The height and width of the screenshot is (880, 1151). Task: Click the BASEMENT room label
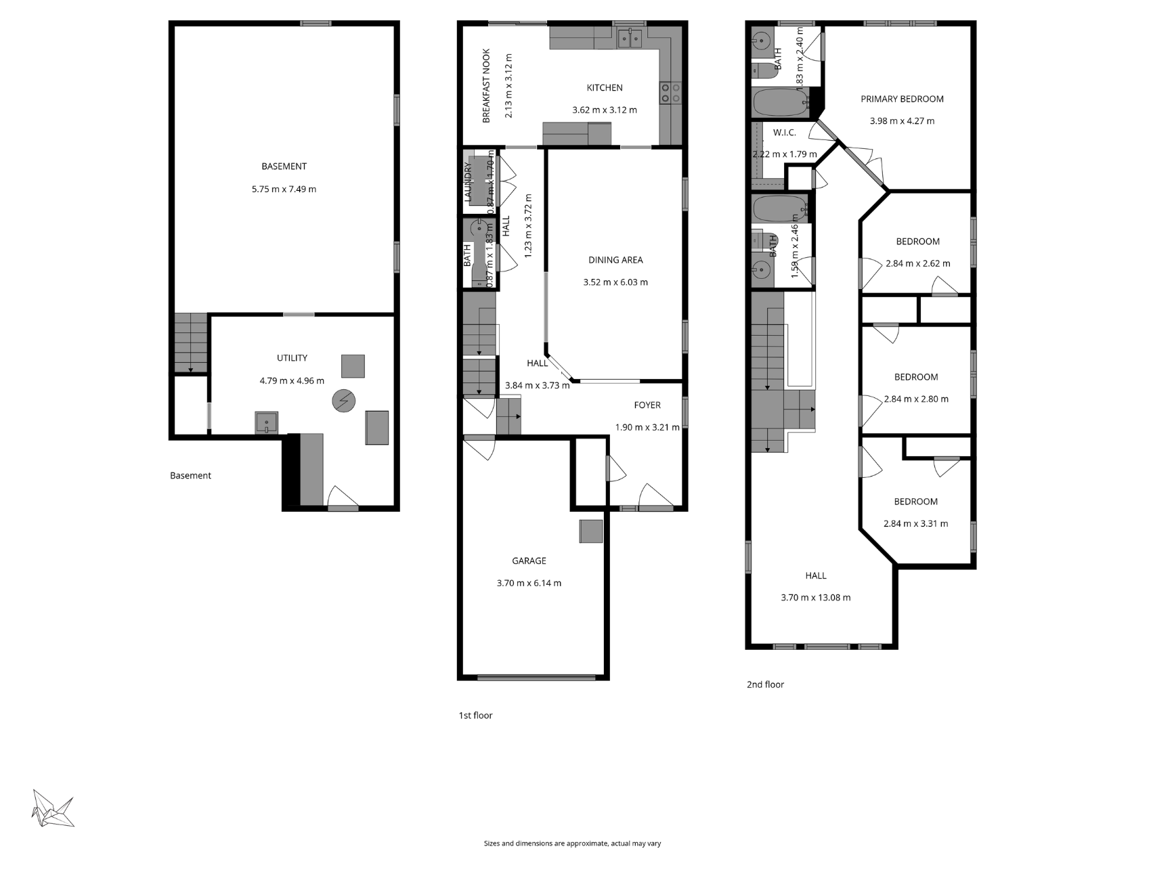point(284,167)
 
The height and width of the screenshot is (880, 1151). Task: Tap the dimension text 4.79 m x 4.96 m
point(292,381)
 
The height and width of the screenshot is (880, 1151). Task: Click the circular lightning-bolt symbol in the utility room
point(343,401)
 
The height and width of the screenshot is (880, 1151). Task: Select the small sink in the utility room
point(266,422)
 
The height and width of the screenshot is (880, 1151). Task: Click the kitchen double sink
point(630,39)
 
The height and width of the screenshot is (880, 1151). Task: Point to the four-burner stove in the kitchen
point(670,93)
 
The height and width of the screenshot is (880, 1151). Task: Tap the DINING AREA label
point(615,260)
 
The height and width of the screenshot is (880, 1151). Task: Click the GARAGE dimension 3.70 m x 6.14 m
point(529,584)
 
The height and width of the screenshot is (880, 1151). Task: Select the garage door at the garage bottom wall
point(536,677)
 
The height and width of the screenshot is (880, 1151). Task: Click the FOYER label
point(647,405)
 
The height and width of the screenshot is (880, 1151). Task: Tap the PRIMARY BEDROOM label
point(902,100)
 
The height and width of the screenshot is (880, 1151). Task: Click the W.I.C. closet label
point(784,133)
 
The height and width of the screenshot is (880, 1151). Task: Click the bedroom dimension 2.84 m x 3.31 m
point(915,524)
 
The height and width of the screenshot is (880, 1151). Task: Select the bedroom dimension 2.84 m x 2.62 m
point(917,264)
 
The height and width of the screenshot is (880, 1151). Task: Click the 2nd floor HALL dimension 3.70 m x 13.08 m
point(815,598)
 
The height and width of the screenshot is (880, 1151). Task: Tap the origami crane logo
point(52,808)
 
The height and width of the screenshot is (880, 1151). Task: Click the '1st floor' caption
point(475,716)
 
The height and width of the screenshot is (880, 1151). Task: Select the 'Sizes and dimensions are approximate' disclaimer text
point(572,843)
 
